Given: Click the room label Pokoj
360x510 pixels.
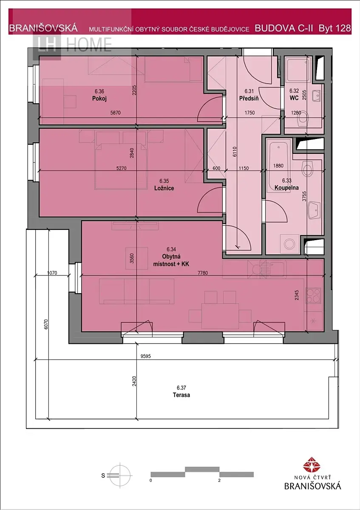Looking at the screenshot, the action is pos(99,99).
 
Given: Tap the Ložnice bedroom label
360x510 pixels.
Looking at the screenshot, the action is pos(164,188).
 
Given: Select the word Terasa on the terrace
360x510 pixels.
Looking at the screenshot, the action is pos(181,395).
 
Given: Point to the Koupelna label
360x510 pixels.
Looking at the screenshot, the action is pos(286,188).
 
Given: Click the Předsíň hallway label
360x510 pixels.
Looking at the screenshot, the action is pos(249,98).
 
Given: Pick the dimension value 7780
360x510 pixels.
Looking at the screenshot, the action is pos(203,273).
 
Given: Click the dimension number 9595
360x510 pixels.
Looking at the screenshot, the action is pos(145,356).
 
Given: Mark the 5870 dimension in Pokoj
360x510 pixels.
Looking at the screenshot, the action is pos(115,113).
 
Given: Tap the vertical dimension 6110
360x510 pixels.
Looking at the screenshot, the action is pos(235,152).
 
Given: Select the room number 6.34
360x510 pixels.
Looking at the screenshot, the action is pos(171,249).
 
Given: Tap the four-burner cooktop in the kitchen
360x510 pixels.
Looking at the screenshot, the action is pos(314,295).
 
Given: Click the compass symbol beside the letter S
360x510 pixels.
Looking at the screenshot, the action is pos(120,475).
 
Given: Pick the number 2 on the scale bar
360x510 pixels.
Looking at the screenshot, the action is pos(219,481).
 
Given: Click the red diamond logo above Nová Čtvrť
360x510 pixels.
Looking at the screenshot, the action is pos(312,465).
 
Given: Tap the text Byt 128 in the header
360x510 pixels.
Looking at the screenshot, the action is pos(334,28).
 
